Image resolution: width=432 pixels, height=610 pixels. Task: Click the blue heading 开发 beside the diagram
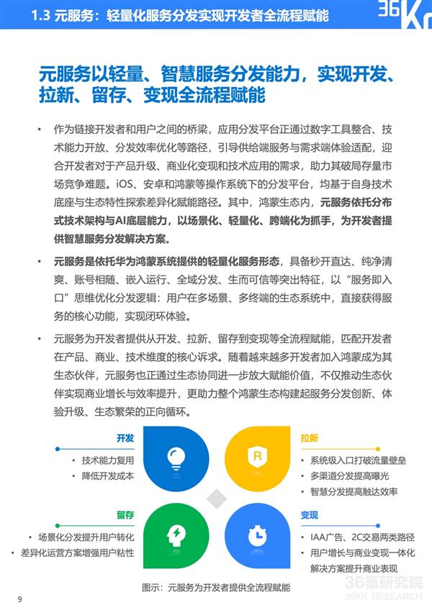(125, 438)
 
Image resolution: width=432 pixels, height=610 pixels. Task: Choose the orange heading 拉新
(310, 438)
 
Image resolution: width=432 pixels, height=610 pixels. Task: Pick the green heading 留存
(125, 515)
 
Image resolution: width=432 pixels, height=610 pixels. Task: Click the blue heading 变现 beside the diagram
(310, 515)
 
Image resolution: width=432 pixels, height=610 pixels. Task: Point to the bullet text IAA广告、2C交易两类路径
(358, 537)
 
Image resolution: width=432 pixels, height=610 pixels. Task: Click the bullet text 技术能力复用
(107, 460)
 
